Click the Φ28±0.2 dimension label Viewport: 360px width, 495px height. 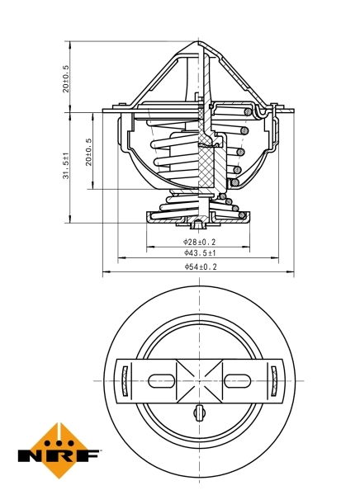[x=199, y=242]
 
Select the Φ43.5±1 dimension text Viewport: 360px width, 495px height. [x=199, y=254]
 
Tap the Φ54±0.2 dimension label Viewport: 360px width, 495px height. [x=199, y=267]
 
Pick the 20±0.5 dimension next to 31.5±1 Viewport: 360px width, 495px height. [x=88, y=152]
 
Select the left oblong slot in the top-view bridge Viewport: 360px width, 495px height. [x=161, y=380]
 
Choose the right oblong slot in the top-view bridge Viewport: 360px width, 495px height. [x=238, y=380]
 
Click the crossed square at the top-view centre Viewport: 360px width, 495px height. [x=199, y=380]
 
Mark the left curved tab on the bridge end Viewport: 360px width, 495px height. [x=125, y=380]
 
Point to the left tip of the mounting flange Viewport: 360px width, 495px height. [x=103, y=111]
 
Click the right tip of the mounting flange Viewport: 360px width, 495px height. [x=295, y=111]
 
